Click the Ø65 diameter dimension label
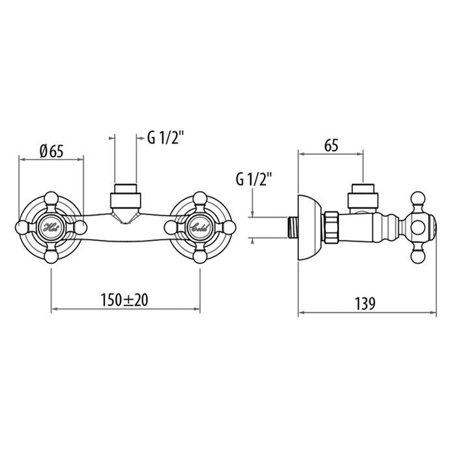(52, 151)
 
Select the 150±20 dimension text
(124, 300)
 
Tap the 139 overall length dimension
(365, 304)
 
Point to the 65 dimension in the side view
(331, 145)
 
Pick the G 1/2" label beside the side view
(254, 180)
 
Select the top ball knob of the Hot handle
(51, 199)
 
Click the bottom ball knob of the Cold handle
(201, 257)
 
